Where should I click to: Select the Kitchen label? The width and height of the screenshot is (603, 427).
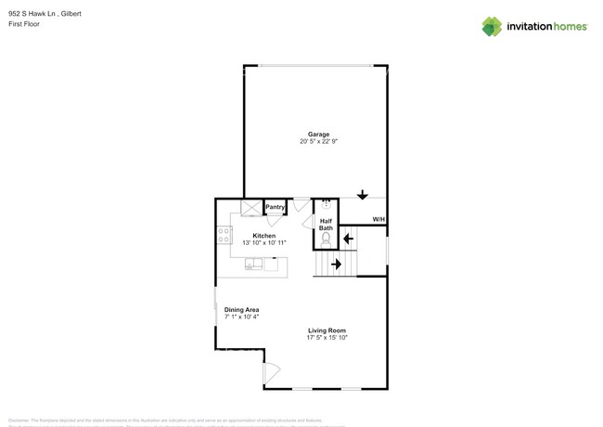pos(264,236)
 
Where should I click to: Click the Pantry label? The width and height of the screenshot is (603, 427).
pos(276,207)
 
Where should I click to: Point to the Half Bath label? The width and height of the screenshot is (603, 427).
pos(326,224)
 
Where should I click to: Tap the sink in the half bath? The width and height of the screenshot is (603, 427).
pos(326,206)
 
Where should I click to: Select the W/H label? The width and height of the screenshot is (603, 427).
pos(378,219)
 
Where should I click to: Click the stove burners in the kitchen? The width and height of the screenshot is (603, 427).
pos(224,236)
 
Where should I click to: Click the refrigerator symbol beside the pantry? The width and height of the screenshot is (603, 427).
pos(251,208)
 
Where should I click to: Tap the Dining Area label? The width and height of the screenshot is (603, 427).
pos(241,309)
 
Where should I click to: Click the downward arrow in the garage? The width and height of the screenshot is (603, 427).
pos(363,194)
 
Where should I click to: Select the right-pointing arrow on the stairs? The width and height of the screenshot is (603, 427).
pos(336,265)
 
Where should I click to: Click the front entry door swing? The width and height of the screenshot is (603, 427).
pos(272,373)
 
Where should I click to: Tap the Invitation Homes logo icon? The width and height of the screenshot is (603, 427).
pos(492,26)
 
